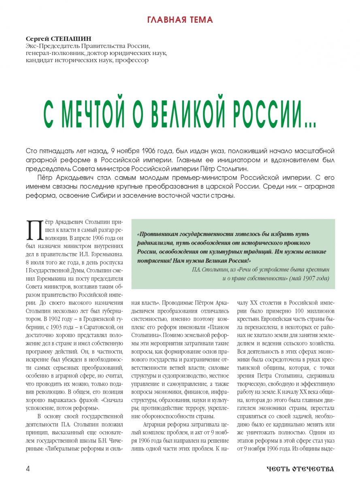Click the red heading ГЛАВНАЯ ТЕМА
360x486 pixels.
(180, 19)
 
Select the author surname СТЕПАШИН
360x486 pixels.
(68, 38)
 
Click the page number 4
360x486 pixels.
(28, 469)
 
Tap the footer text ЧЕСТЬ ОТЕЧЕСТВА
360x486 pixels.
(300, 469)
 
